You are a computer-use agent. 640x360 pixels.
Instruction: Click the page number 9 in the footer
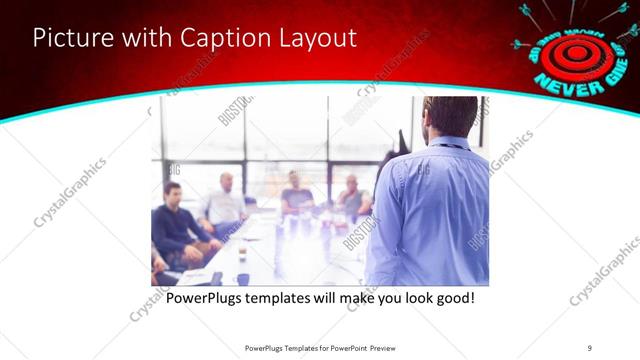click(590, 347)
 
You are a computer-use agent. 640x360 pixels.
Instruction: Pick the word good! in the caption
click(452, 299)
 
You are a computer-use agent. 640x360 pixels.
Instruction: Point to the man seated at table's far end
click(296, 192)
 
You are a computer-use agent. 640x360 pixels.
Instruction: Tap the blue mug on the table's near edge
click(242, 279)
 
